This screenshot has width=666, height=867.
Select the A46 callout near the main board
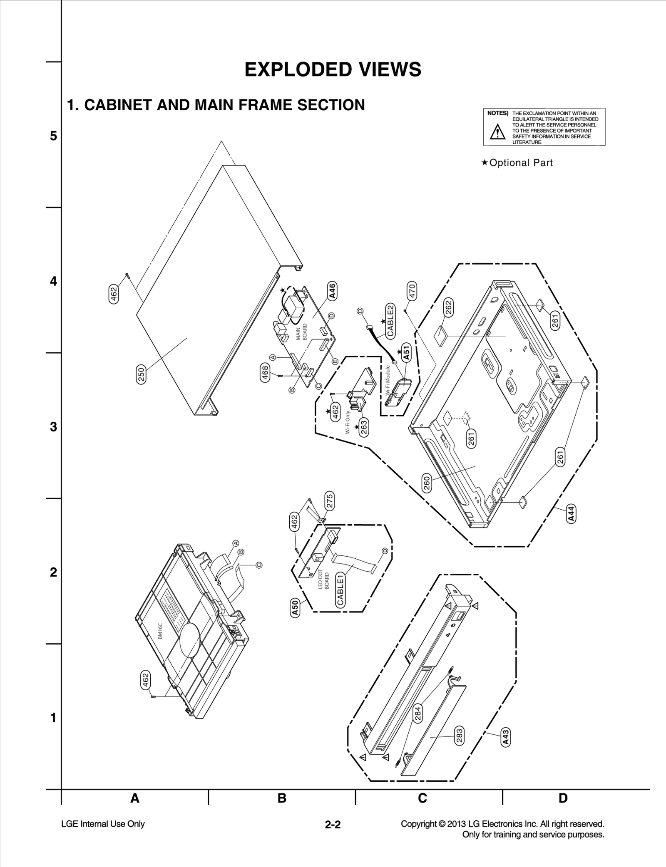(332, 291)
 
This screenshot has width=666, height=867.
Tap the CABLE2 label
(390, 321)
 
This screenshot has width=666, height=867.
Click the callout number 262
(448, 307)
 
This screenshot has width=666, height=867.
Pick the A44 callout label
(571, 513)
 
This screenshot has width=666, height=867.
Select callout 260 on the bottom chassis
(427, 483)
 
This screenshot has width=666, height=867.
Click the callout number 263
(364, 428)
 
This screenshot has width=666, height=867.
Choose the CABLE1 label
(340, 590)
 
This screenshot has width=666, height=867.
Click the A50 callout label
(294, 607)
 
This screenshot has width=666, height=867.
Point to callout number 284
(418, 713)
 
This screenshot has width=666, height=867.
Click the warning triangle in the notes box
(497, 133)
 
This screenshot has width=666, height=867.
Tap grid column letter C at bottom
(422, 798)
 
